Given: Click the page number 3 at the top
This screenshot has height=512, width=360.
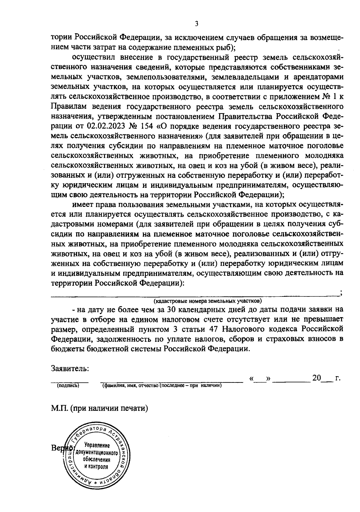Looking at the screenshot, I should pos(196,24).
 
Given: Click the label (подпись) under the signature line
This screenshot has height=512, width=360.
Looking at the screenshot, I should pos(68,385).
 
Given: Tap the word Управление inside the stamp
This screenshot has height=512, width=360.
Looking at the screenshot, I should pos(97,446).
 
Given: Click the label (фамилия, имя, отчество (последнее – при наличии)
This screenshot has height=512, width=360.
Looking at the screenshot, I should pos(162,385).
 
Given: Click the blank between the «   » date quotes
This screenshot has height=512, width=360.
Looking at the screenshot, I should pos(260,379).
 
